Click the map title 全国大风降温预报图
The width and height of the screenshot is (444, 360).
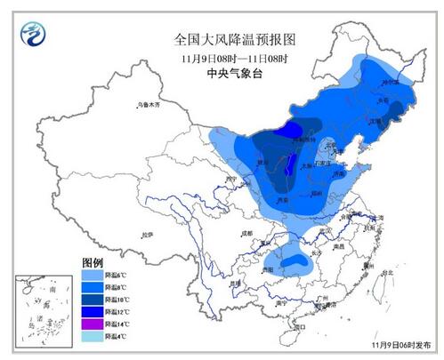(222, 39)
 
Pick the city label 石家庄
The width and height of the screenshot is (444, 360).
(330, 164)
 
